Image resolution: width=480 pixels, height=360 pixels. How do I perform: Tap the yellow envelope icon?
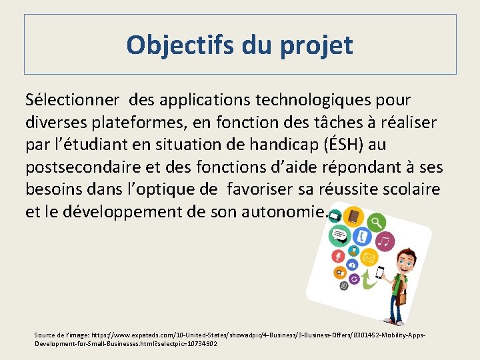point(369,257)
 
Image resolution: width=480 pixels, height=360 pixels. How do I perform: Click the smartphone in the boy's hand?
point(380,272)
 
